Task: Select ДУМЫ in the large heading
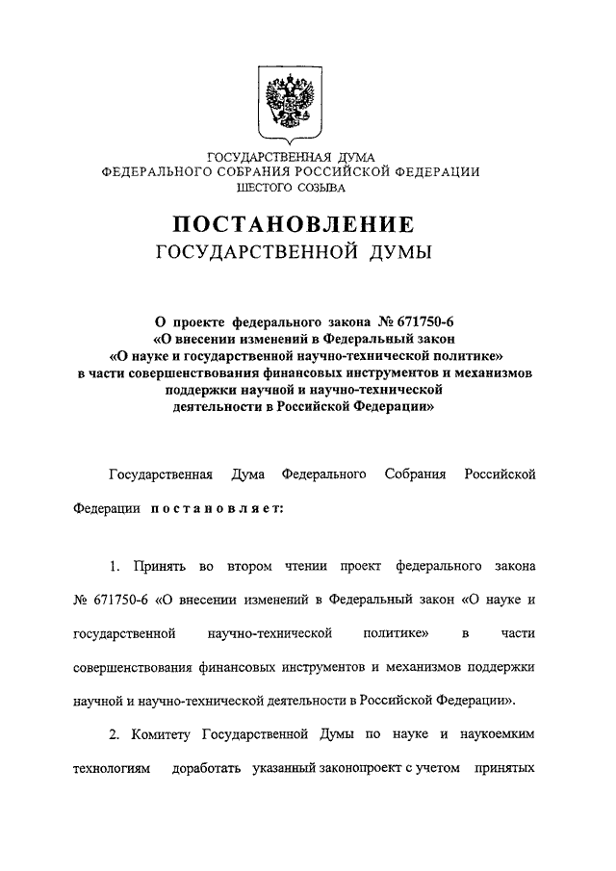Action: click(392, 254)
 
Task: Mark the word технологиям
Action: click(113, 770)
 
